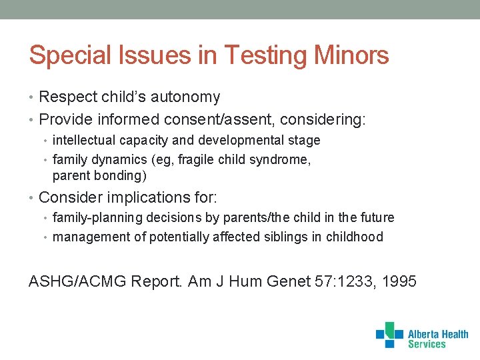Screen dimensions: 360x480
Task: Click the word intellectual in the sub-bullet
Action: [x=85, y=141]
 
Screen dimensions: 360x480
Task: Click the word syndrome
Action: [x=283, y=160]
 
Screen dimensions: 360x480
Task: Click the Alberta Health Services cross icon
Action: [x=389, y=335]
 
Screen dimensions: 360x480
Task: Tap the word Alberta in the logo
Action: [x=423, y=334]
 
